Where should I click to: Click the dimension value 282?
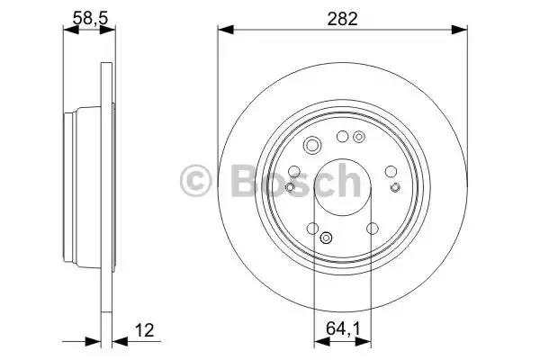342,19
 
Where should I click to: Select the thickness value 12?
144,330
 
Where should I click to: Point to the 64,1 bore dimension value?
343,328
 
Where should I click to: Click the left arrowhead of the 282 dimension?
226,30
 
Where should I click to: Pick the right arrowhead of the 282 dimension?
459,30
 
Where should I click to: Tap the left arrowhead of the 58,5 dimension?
71,30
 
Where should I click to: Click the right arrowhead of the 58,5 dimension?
107,30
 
